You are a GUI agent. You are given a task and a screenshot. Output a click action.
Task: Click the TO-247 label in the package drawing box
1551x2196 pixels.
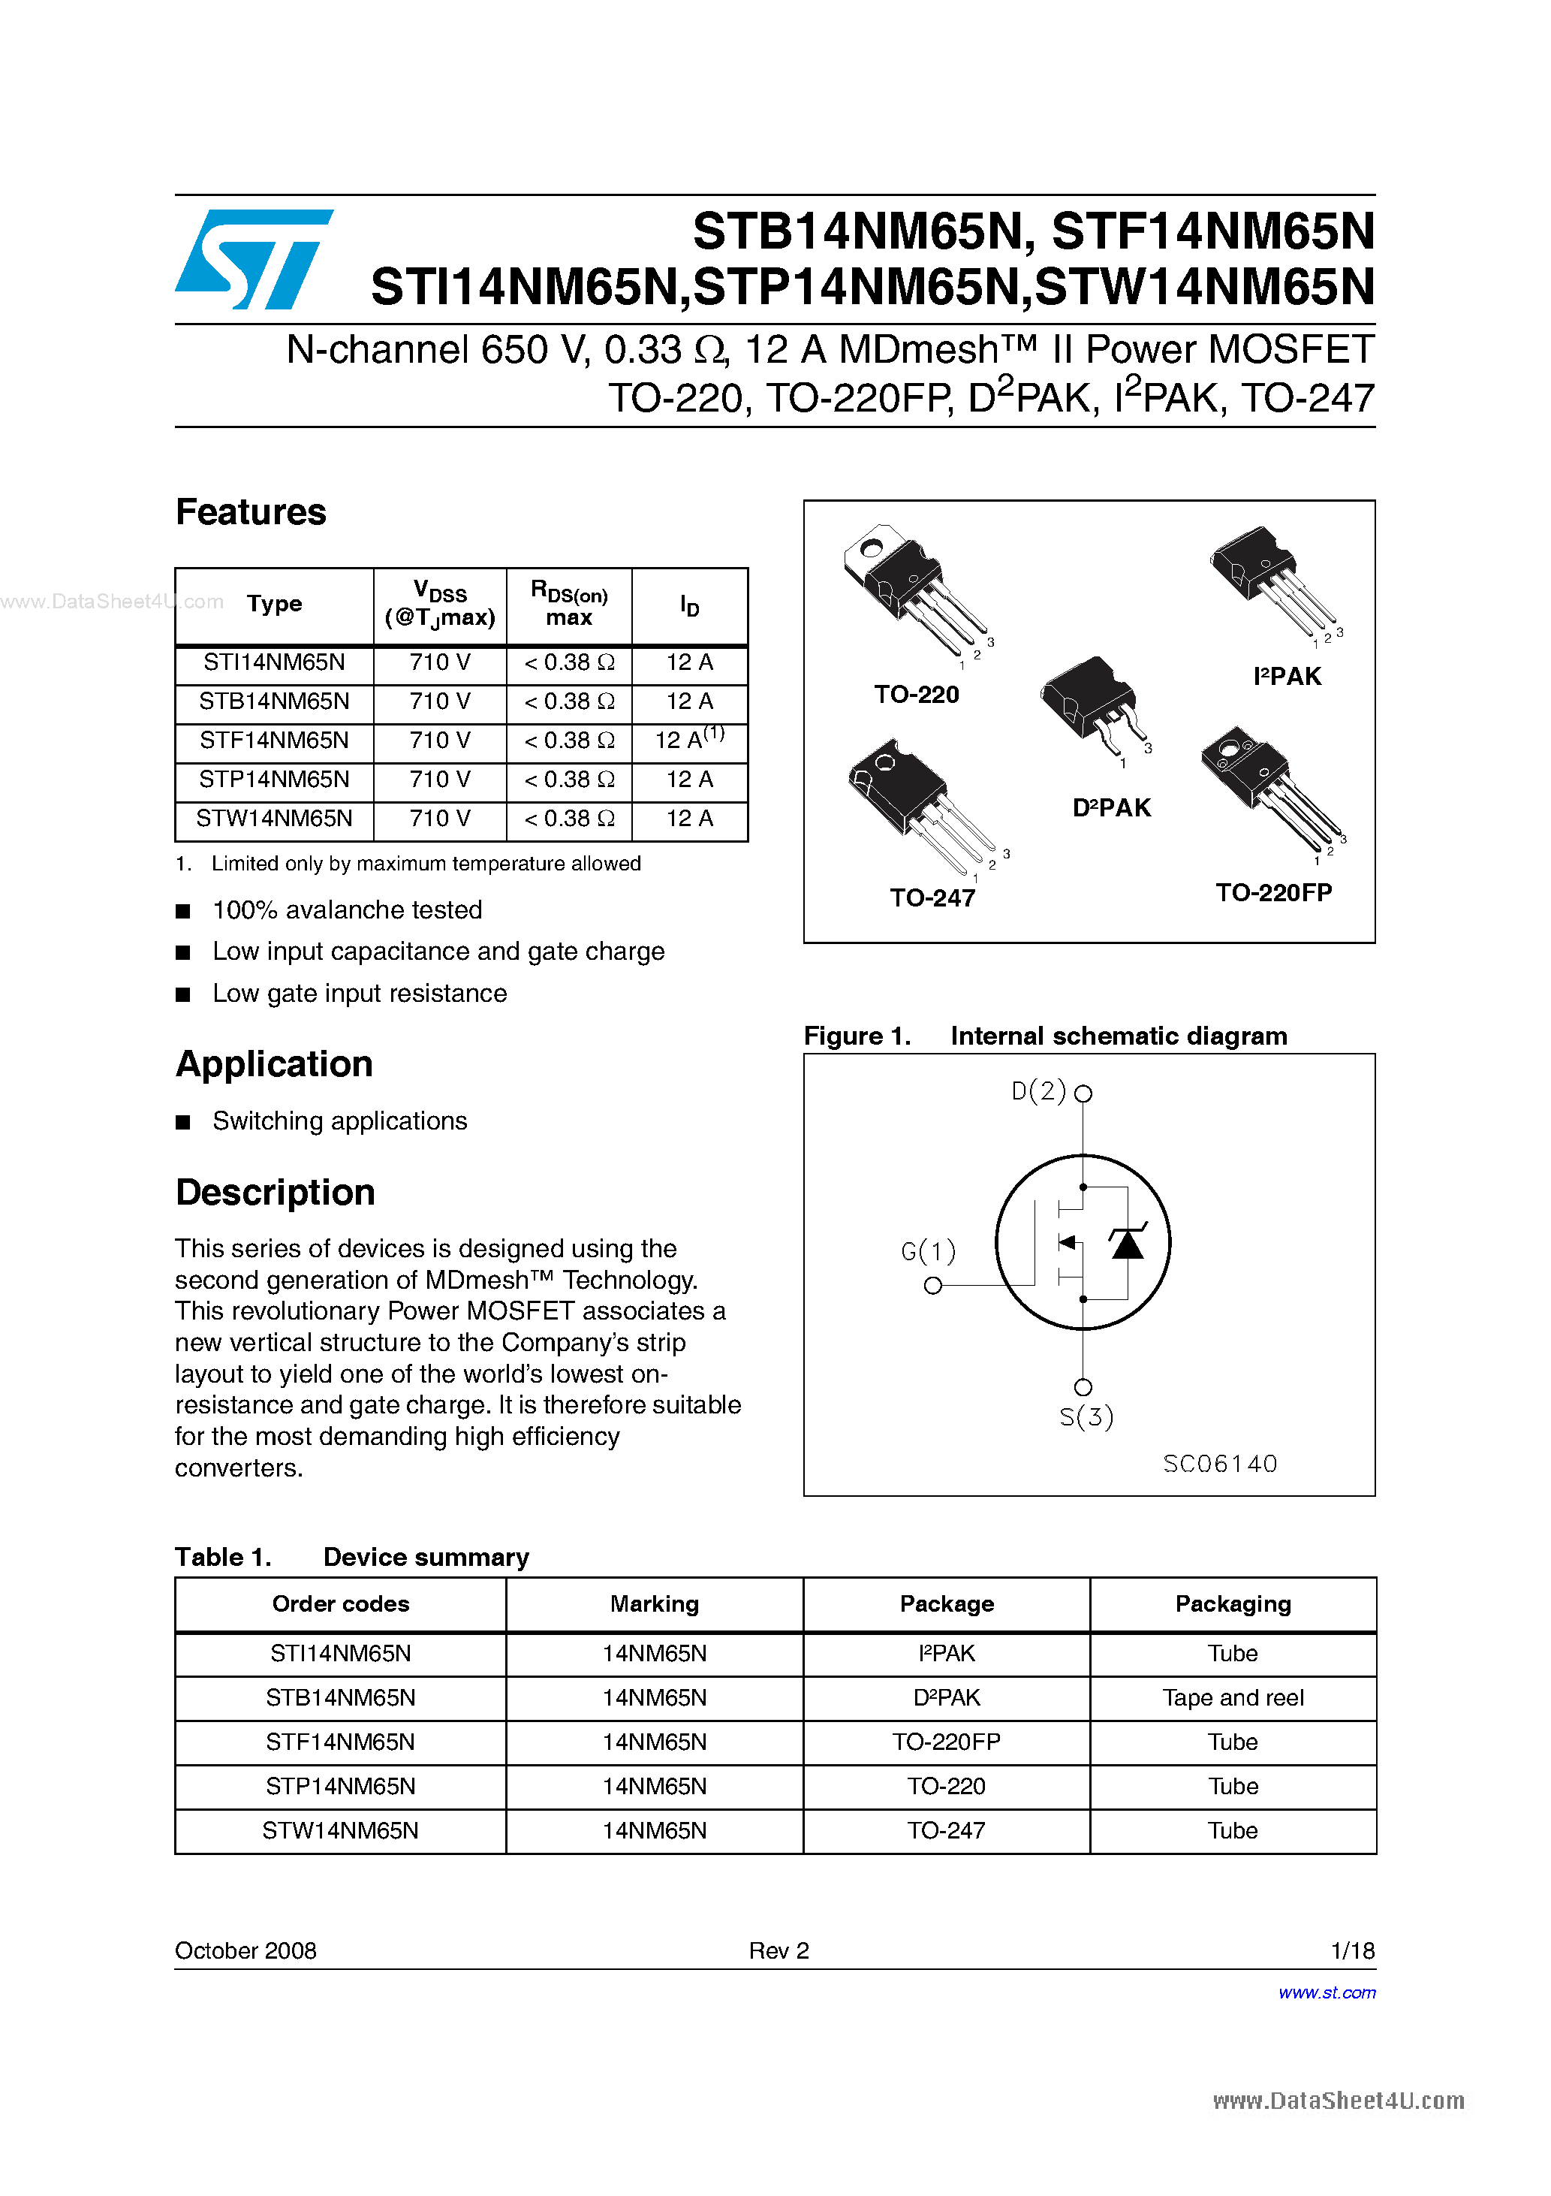click(932, 898)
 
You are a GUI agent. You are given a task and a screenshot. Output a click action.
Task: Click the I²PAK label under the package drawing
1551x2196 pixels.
click(1287, 676)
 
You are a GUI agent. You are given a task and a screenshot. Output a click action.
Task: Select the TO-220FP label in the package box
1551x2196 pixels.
click(1274, 892)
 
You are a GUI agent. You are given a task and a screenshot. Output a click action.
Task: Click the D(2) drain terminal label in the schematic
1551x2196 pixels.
click(1038, 1091)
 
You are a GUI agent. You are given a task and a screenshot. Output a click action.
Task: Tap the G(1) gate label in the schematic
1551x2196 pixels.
click(928, 1251)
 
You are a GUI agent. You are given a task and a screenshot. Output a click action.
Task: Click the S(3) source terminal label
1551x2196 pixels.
click(1086, 1416)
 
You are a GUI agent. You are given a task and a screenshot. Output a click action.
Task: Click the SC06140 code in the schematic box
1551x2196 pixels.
click(1220, 1463)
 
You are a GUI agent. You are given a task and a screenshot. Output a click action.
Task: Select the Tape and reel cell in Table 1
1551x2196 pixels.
click(1233, 1697)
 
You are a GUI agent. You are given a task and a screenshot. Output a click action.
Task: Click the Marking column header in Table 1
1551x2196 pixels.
click(654, 1604)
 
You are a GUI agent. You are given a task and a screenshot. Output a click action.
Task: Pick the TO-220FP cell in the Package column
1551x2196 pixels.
click(946, 1742)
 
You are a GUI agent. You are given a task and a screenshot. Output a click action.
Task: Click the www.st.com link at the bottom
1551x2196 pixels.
click(1327, 1992)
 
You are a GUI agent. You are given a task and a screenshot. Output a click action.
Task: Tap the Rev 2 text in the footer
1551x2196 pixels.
click(779, 1950)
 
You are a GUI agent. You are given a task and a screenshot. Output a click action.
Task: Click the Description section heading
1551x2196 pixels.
click(276, 1193)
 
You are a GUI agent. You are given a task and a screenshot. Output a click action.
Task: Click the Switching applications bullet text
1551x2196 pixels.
click(339, 1121)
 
